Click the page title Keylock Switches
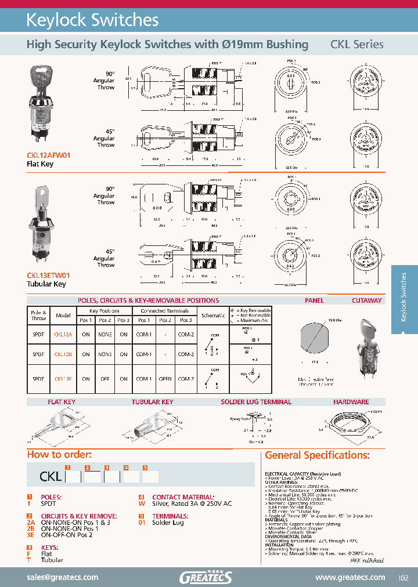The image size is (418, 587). (92, 20)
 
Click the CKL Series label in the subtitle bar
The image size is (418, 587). (356, 45)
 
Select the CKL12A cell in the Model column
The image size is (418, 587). (63, 334)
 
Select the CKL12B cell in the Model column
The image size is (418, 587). (63, 354)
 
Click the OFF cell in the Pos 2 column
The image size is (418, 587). (105, 379)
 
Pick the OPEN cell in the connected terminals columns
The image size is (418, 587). (165, 379)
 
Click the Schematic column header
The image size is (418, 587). (213, 316)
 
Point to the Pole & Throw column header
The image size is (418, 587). (38, 316)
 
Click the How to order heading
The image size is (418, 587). (59, 455)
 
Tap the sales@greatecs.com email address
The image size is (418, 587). (63, 577)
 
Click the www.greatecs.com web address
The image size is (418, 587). (350, 577)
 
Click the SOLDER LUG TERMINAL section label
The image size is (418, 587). (255, 402)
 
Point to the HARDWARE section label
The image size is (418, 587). (351, 402)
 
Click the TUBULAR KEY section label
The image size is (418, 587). (152, 402)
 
